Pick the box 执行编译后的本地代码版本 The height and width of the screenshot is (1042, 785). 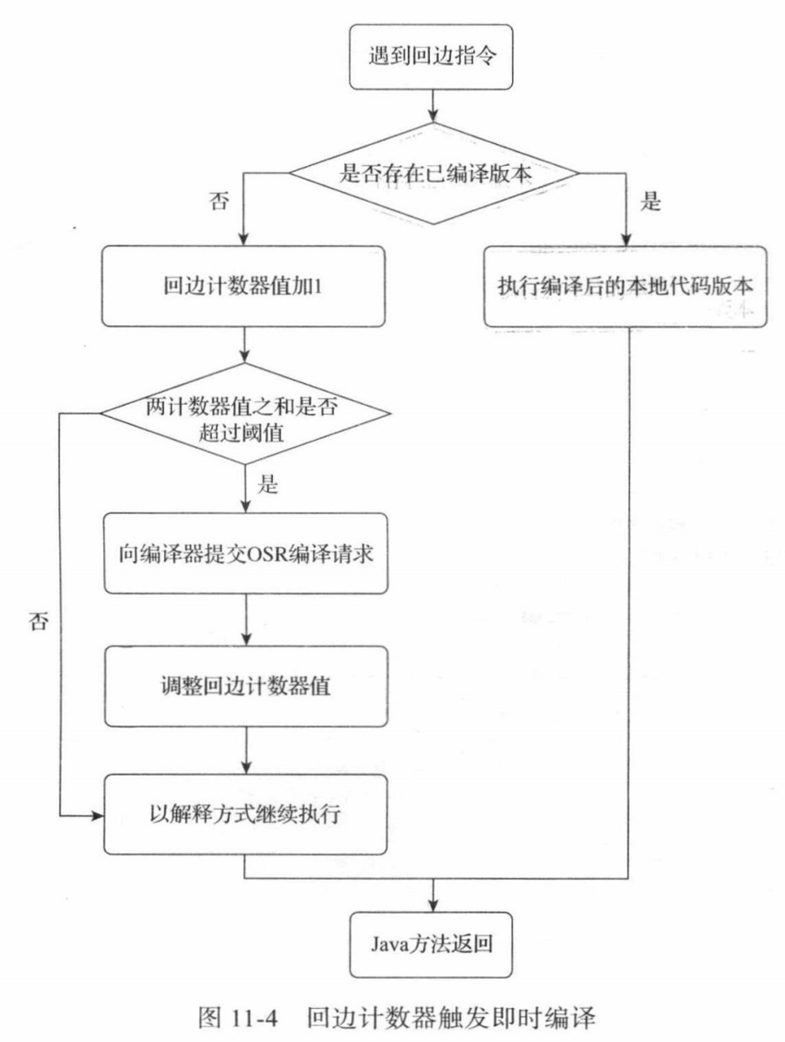pos(625,286)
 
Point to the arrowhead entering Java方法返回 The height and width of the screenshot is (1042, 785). pos(433,905)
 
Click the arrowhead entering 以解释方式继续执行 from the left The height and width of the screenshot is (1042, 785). pos(96,817)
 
